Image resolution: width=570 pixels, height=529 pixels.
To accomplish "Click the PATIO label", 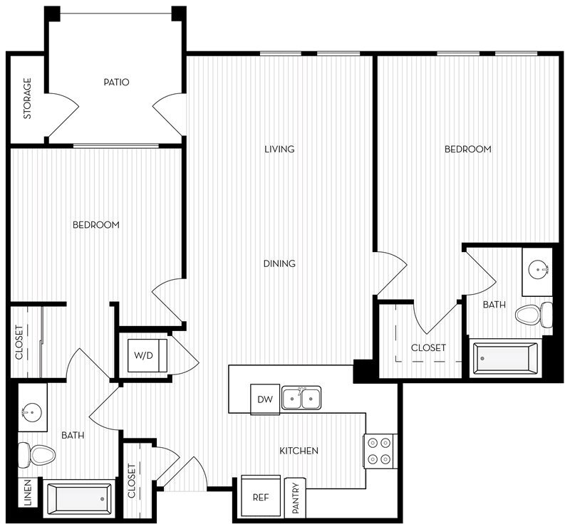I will point(116,83).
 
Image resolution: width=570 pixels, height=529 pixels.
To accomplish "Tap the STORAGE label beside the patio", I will point(28,98).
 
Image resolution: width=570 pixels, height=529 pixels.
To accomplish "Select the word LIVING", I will point(279,150).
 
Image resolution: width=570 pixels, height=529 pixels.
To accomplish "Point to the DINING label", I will point(279,263).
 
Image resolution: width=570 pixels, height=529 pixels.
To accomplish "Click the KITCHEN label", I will point(299,451).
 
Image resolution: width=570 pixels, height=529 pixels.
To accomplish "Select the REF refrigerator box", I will point(261,496).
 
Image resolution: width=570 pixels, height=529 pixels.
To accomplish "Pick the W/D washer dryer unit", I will point(147,354).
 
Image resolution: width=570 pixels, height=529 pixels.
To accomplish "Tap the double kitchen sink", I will point(301,398).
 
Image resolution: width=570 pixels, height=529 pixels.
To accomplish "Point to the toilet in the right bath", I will point(534,313).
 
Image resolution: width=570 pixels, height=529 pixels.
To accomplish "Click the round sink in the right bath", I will point(537,269).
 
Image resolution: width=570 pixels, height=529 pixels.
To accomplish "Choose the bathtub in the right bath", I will point(507,358).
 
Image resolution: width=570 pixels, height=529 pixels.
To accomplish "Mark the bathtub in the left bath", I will point(78,498).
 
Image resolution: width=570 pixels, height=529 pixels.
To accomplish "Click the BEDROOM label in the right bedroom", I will point(468,150).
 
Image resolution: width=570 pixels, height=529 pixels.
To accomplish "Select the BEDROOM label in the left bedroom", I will point(96,225).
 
